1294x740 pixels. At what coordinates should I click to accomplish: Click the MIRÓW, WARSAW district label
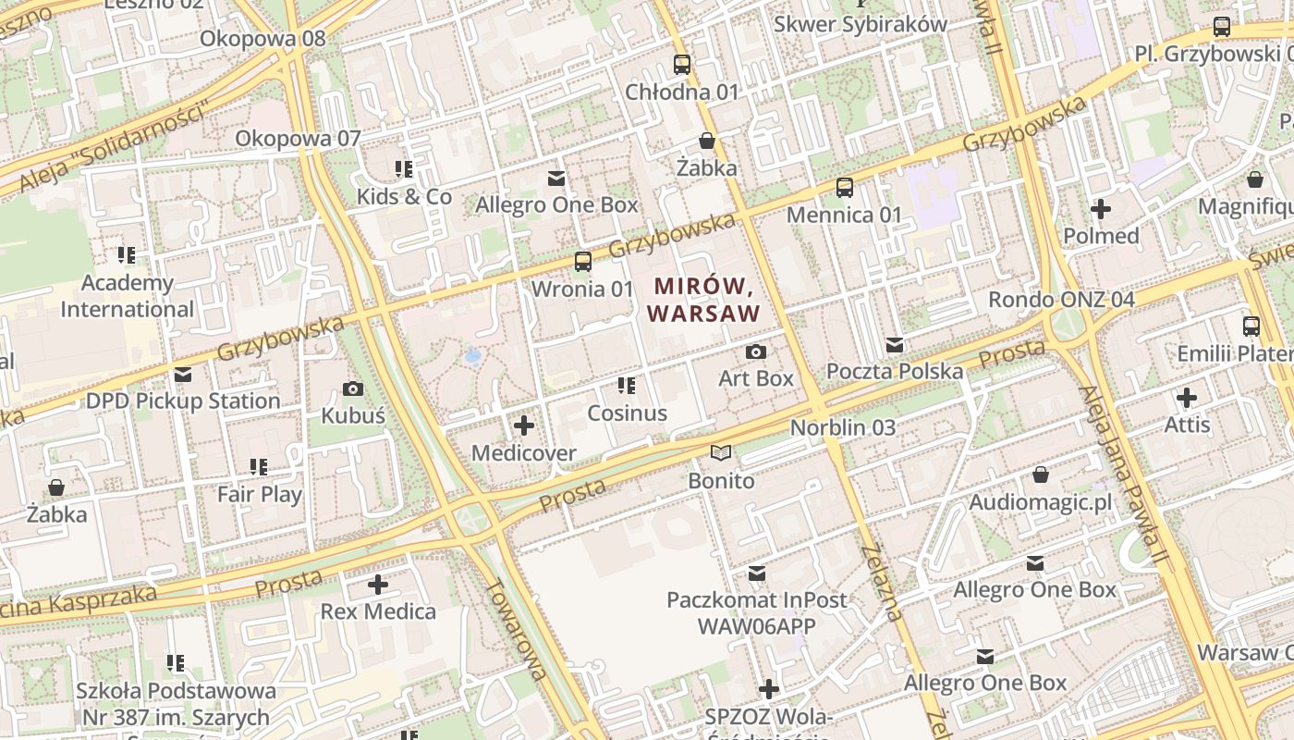tap(703, 300)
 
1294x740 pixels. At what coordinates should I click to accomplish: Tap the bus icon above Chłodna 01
tap(682, 65)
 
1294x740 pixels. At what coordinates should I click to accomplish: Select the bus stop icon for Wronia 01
tap(582, 262)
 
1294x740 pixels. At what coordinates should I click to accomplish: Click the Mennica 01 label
tap(844, 215)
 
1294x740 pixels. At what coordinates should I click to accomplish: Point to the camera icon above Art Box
tap(755, 351)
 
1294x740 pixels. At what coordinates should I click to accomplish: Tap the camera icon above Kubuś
tap(352, 388)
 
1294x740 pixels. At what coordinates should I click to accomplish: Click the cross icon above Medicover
tap(524, 425)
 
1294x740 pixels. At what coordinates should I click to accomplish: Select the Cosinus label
tap(627, 413)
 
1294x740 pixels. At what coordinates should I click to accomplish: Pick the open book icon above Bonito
tap(721, 453)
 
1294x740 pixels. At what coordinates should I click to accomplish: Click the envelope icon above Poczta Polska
tap(894, 345)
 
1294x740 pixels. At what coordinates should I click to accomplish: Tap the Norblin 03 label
tap(843, 427)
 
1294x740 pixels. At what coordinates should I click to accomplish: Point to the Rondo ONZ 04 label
tap(1061, 300)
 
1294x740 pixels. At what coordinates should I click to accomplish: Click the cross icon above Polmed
tap(1100, 208)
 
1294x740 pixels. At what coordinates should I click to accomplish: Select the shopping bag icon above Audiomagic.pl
tap(1041, 475)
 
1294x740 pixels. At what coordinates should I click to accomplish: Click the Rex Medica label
tap(378, 611)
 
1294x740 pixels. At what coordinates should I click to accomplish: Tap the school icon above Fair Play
tap(259, 467)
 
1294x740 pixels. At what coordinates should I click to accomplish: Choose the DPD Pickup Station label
tap(183, 401)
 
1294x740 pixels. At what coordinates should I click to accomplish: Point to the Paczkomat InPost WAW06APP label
tap(756, 612)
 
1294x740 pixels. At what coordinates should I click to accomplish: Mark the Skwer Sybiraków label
tap(860, 24)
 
